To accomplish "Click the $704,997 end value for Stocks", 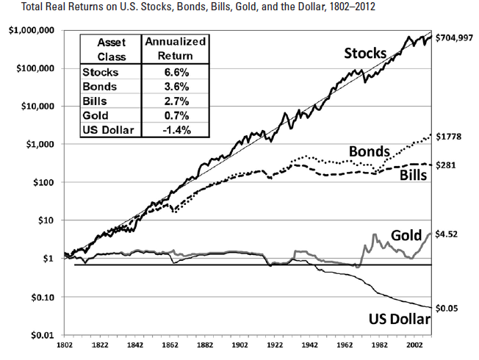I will [x=455, y=36].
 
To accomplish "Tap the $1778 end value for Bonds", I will [x=452, y=136].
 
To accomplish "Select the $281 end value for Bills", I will [x=449, y=165].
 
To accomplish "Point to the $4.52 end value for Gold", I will [x=450, y=235].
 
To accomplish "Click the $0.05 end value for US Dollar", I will [x=450, y=308].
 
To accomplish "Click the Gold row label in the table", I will [x=96, y=116].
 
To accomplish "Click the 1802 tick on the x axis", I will [x=65, y=345].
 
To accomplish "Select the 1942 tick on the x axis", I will [x=311, y=345].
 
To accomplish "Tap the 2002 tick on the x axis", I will [x=416, y=345].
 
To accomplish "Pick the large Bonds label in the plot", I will [x=370, y=151].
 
